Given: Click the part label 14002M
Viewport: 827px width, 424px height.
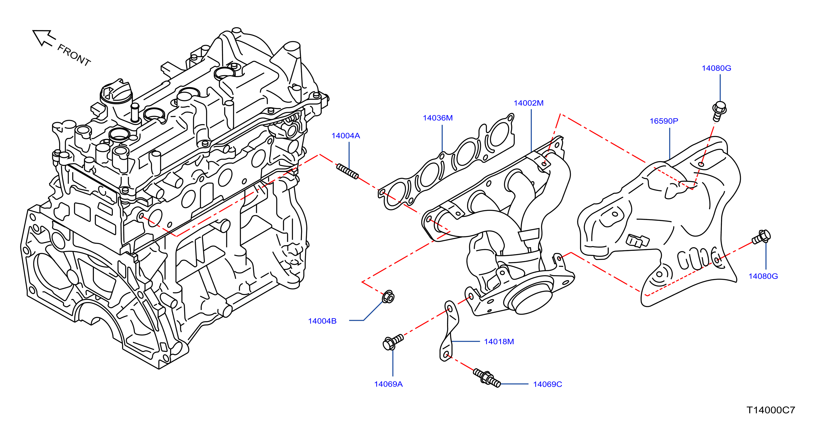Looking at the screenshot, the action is point(528,103).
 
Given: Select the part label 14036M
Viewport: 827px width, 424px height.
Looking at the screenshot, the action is point(438,118).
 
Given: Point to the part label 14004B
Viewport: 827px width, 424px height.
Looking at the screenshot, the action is point(322,321).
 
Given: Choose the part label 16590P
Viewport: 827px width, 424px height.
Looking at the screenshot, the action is point(664,121).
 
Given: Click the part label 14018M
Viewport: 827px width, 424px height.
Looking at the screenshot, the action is point(499,341).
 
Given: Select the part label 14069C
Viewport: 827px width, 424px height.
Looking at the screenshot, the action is point(548,384).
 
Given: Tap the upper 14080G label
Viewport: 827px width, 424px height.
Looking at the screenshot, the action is point(716,68).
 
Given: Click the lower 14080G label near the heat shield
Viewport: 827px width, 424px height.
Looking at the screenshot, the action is point(763,276).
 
